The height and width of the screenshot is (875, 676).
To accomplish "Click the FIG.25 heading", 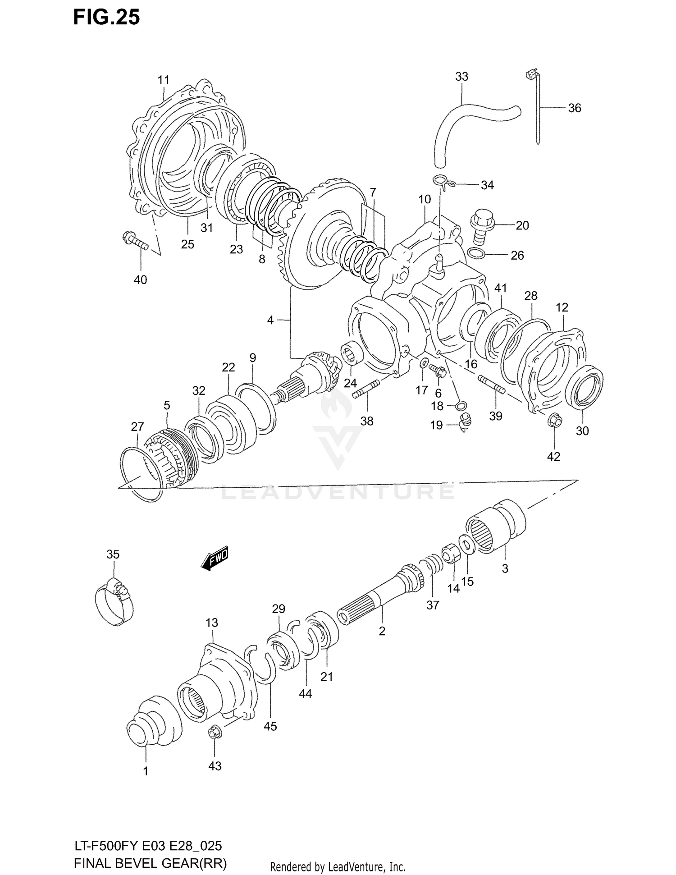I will tap(106, 17).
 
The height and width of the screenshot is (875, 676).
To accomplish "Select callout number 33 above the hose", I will tap(461, 77).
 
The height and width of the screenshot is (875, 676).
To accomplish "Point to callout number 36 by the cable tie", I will tap(574, 108).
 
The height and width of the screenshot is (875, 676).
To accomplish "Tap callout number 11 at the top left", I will tap(163, 80).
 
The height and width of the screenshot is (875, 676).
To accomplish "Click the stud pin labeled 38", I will tap(366, 389).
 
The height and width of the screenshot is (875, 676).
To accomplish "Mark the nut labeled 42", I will tap(555, 421).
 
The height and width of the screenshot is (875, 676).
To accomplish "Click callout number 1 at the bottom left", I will tap(146, 771).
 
